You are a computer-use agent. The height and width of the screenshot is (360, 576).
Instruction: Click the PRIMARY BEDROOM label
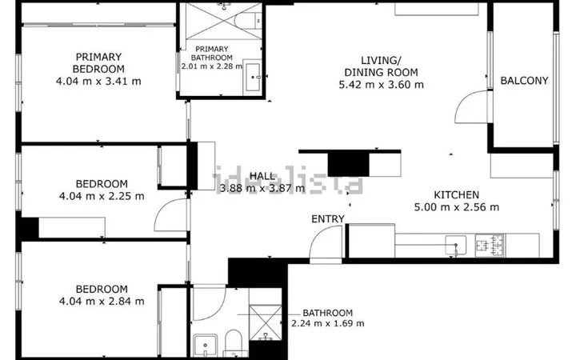point(98,63)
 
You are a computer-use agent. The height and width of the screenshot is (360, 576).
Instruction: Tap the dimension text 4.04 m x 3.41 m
point(98,81)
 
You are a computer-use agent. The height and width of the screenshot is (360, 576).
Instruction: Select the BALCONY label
point(524,81)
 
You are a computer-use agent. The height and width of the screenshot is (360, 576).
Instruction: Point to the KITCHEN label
point(456,194)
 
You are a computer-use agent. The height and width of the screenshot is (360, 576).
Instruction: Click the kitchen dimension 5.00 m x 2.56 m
point(457,207)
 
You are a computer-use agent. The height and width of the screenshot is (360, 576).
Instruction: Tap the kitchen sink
point(456,245)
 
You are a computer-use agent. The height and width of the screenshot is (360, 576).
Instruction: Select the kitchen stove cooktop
point(490,245)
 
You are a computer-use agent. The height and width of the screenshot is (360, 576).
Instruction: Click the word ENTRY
point(328,219)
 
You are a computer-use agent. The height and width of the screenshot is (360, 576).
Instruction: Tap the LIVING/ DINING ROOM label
point(381,66)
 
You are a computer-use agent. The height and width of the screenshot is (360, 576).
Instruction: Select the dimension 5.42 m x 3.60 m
point(381,85)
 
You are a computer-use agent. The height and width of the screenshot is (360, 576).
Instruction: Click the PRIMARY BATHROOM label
point(211,54)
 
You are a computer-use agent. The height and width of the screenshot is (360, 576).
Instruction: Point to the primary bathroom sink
point(253,77)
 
